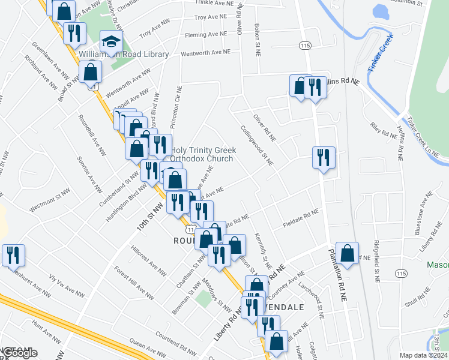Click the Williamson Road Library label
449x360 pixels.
pos(124,54)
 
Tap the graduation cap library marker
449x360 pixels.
pos(110,42)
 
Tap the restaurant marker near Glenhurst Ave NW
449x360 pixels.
pos(12,255)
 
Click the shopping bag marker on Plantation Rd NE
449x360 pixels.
pos(347,253)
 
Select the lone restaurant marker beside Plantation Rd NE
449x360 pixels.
pos(324,158)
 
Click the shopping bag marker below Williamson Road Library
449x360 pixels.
pos(89,73)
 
